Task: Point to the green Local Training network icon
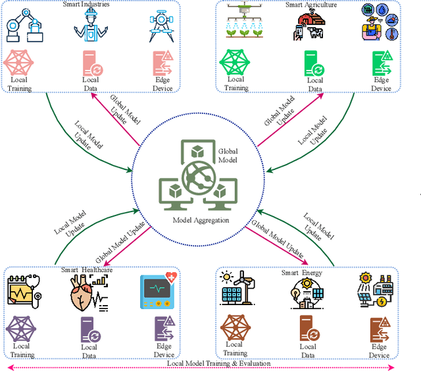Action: (236, 62)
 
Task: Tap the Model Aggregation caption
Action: (202, 219)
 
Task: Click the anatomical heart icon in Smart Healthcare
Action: (84, 293)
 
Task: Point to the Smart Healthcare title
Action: (87, 270)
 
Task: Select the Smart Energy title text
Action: (302, 273)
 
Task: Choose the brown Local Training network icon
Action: (235, 327)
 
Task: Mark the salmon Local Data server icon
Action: (90, 63)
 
